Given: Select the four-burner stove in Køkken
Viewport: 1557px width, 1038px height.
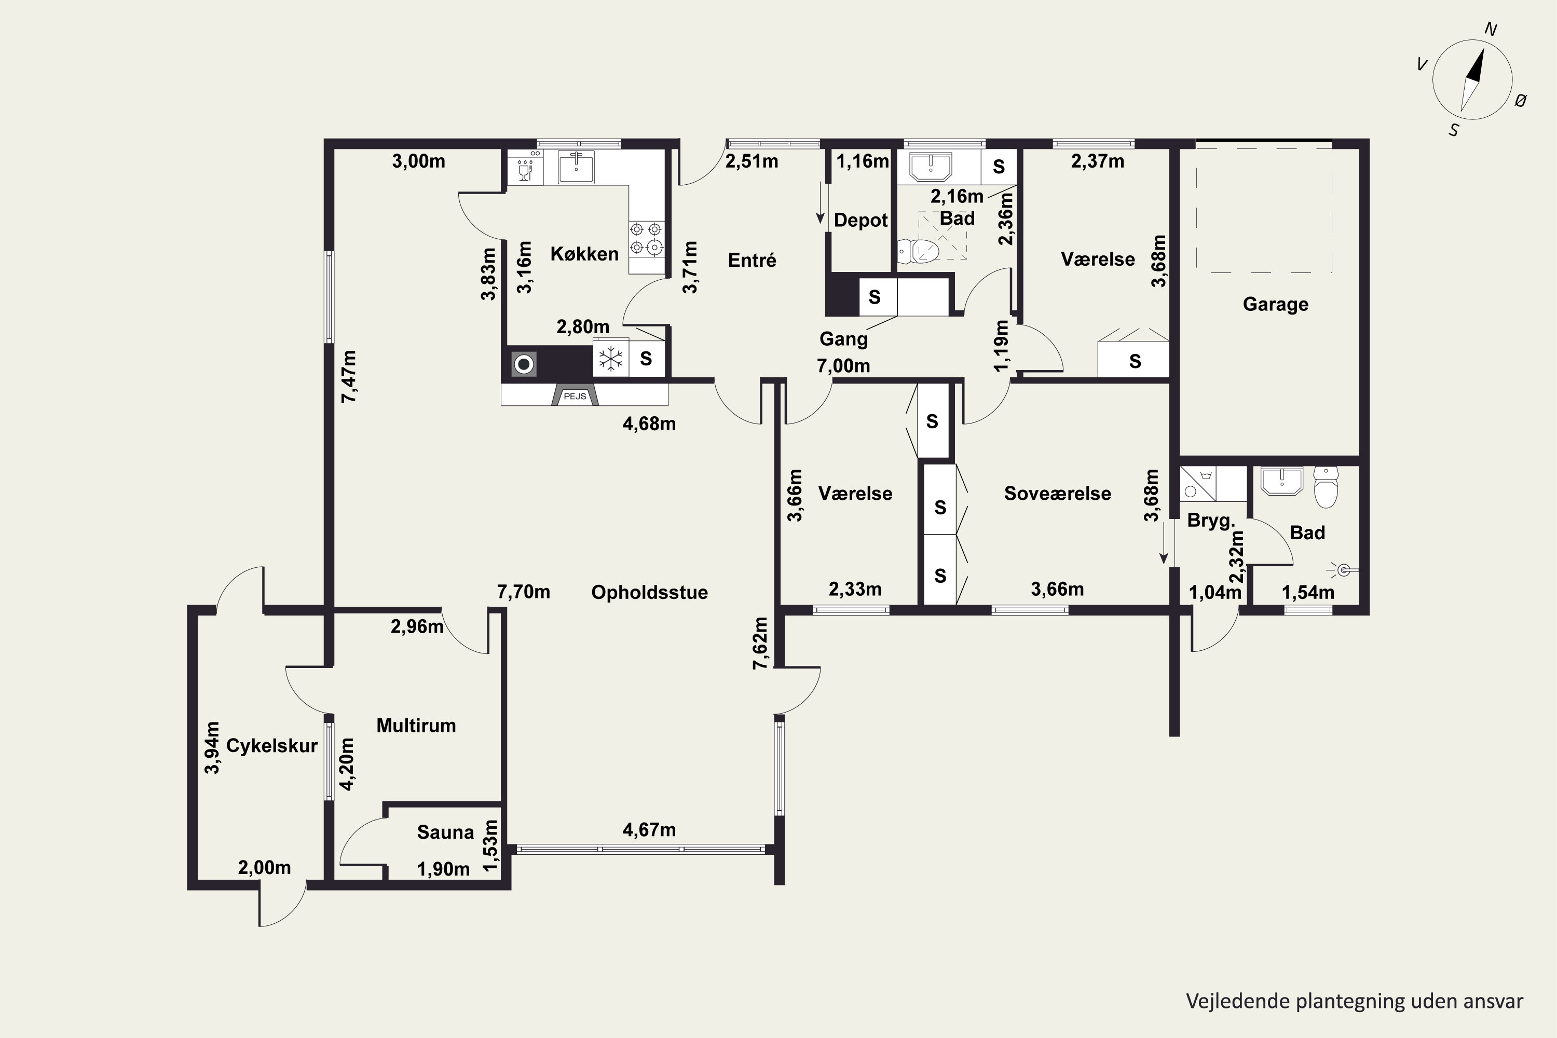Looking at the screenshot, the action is pyautogui.click(x=646, y=239).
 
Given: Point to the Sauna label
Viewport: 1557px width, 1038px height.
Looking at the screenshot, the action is pyautogui.click(x=445, y=832).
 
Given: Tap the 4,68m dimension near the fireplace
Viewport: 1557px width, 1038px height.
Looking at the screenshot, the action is pyautogui.click(x=649, y=424).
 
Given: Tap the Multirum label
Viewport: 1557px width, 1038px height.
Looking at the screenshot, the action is pyautogui.click(x=416, y=726).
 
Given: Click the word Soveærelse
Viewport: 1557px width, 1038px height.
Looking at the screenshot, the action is pyautogui.click(x=1057, y=493).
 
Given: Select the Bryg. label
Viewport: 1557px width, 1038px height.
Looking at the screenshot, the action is pyautogui.click(x=1211, y=521).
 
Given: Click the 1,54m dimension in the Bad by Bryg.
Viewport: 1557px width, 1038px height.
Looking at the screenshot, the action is pyautogui.click(x=1308, y=593).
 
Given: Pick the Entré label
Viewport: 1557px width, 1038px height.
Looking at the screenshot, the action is pyautogui.click(x=752, y=260).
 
